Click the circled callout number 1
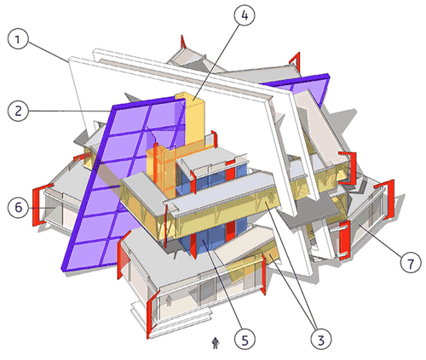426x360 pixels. point(18,38)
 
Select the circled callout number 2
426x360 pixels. point(18,111)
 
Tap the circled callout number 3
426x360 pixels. point(321,339)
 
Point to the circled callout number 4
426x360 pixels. point(245,14)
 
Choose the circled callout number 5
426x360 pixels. point(245,339)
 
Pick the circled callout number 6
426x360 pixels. point(18,208)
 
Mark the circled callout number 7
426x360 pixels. point(411,263)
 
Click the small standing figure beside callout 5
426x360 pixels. point(216,343)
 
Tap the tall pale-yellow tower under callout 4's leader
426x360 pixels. point(194,119)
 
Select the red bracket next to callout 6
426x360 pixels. point(37,205)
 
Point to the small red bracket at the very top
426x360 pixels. point(183,42)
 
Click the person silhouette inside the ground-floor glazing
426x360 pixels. point(169,300)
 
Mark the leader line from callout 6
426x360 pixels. point(42,208)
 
